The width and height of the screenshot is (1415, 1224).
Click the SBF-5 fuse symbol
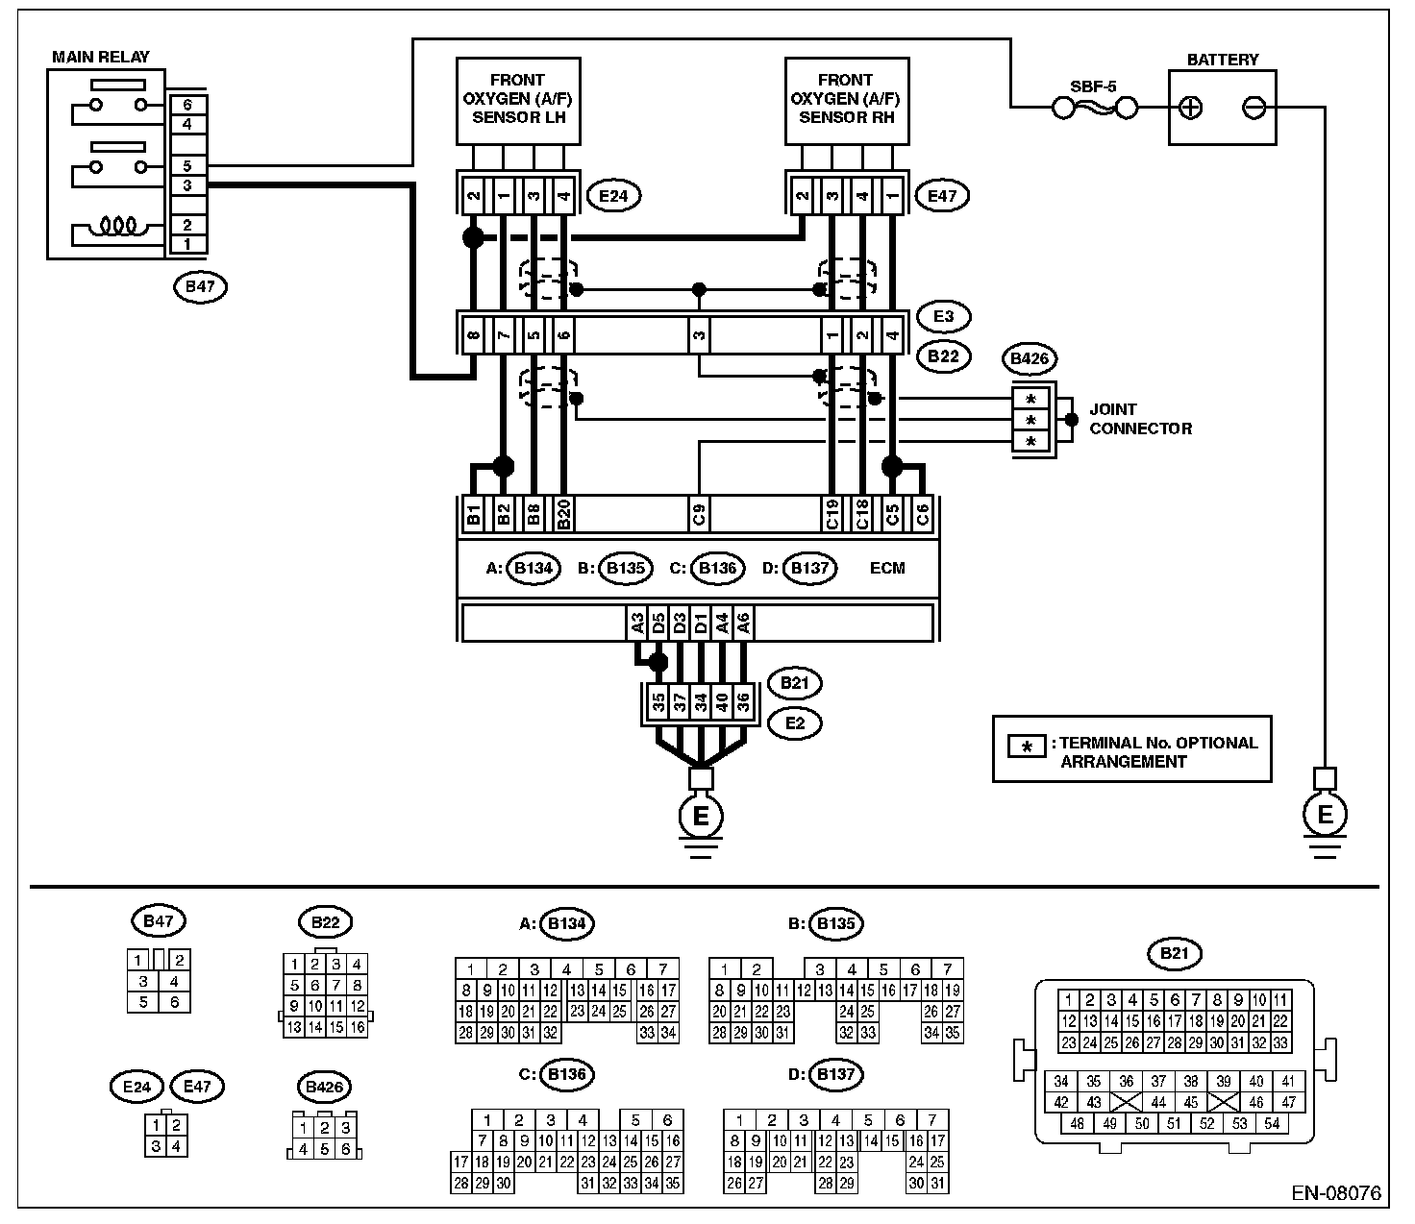pos(1094,109)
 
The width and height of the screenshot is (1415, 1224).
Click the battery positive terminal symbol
pos(1191,108)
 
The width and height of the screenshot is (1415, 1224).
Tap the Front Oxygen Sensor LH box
pos(517,100)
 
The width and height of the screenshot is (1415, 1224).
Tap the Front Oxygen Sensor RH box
pos(846,100)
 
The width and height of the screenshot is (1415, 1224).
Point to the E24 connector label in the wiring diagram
pos(612,196)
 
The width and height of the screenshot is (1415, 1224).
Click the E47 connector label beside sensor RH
pos(942,196)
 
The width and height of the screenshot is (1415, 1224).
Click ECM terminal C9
pos(699,515)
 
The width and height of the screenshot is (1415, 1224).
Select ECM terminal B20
pos(564,515)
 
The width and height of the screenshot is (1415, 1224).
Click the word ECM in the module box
pos(886,568)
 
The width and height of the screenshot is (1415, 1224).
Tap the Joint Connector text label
pos(1140,419)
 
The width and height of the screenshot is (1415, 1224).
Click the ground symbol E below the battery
pos(1325,815)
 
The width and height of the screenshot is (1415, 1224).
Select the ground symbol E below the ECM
pos(701,816)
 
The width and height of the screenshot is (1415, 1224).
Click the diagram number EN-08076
pos(1335,1194)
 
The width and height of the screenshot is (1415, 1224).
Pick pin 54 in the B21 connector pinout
pos(1273,1123)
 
